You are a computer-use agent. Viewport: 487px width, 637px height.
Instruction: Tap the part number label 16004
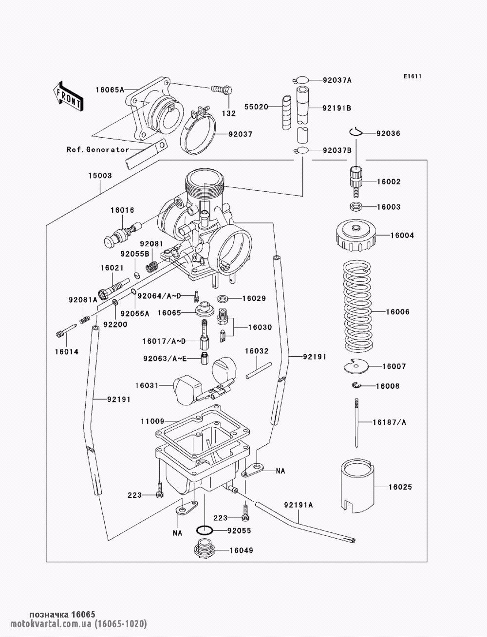tap(402, 236)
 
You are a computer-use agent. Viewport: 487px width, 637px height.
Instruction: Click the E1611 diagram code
tap(412, 76)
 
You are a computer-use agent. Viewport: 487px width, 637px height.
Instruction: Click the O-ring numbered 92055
tap(205, 530)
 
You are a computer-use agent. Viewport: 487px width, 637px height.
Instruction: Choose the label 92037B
tap(337, 150)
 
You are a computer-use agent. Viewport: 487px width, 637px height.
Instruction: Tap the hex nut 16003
tap(356, 207)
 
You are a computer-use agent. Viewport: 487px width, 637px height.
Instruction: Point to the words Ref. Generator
tap(98, 149)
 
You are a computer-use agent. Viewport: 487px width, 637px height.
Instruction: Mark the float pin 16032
tap(259, 370)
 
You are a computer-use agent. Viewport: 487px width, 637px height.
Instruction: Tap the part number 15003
tap(100, 176)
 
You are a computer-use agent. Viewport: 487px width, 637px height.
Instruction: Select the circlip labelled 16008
tap(356, 385)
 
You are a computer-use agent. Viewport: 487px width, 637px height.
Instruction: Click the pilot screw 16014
tap(66, 330)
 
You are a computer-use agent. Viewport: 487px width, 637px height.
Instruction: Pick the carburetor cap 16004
tap(356, 236)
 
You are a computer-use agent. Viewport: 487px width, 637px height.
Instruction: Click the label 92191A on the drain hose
tap(299, 505)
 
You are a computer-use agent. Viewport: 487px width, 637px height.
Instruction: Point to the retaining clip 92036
tap(356, 132)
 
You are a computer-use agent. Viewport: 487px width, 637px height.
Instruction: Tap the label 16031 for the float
tap(147, 385)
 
